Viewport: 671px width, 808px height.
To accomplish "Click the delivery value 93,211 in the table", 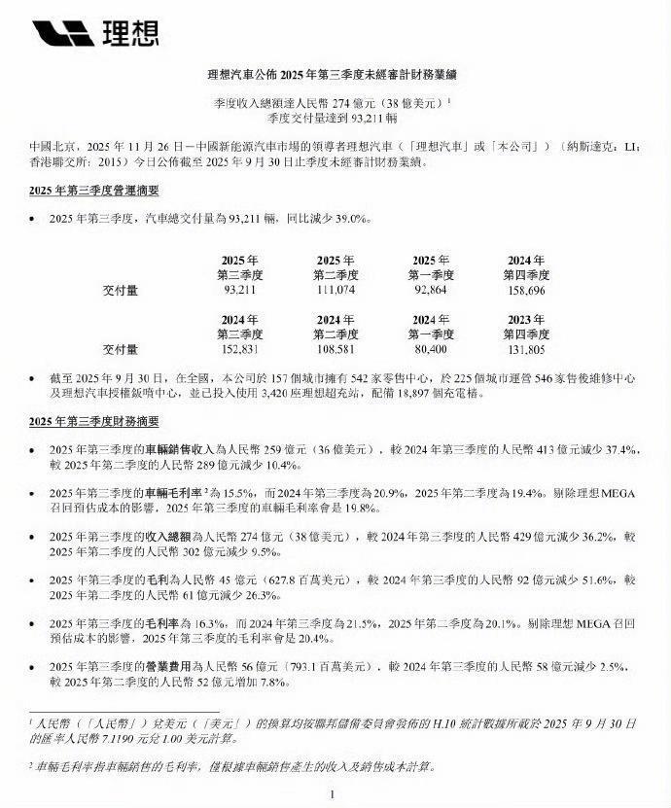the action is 238,290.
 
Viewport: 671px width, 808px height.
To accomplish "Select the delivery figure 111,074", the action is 336,290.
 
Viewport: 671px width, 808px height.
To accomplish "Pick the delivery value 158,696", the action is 528,290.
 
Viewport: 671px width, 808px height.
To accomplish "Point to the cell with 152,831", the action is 238,348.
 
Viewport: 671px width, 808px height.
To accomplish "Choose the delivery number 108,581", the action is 336,348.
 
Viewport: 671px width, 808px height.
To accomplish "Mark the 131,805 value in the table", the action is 528,348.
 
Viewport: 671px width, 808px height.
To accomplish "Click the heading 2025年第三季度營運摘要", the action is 94,192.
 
